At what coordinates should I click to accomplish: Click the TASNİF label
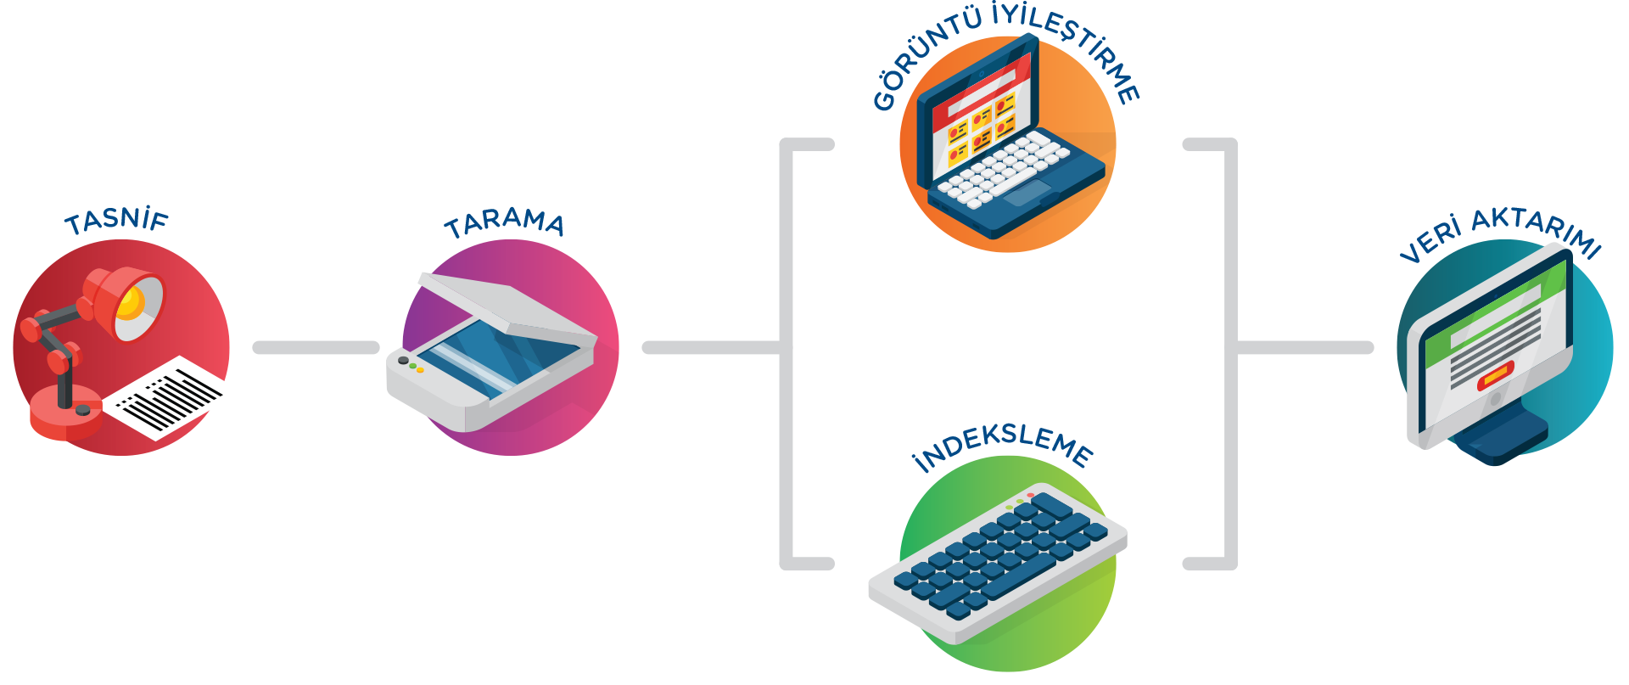coord(117,222)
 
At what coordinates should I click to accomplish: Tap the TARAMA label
coord(504,223)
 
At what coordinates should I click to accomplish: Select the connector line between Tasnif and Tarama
coord(316,348)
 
